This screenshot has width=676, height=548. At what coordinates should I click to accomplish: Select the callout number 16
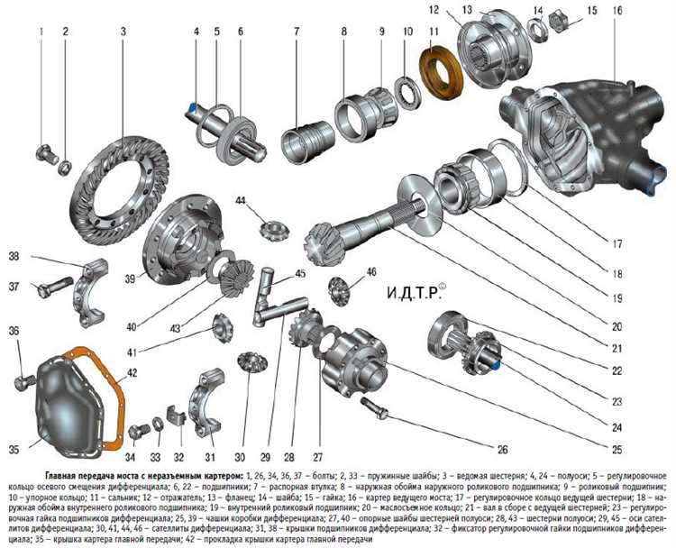click(x=617, y=12)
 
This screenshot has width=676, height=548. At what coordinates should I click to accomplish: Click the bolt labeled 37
click(x=54, y=289)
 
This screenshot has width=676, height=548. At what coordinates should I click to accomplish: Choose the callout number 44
click(x=242, y=200)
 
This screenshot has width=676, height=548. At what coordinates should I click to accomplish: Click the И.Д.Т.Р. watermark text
click(x=423, y=293)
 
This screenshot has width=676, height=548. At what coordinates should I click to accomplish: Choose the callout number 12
click(x=459, y=10)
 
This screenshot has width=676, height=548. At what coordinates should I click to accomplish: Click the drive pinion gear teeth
click(x=325, y=242)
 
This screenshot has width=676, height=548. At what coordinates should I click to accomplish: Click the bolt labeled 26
click(x=379, y=411)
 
